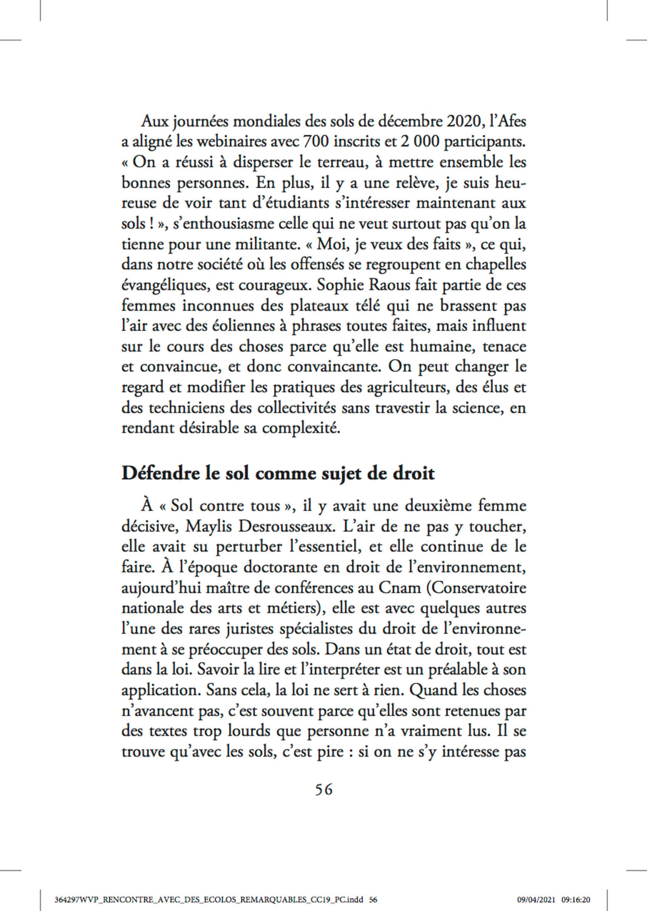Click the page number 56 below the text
323,789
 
